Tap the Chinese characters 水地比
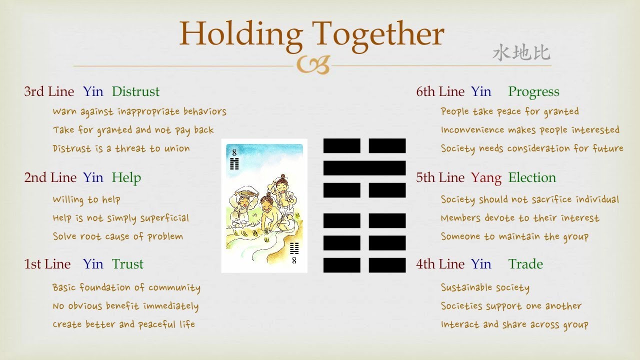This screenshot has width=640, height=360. pos(521,53)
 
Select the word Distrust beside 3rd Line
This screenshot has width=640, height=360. pos(135,91)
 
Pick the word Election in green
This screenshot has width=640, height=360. pos(532,177)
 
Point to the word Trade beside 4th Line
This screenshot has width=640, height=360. pos(525,264)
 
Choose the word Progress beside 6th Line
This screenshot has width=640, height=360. pos(533,91)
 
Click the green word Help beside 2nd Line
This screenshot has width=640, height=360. pos(126,177)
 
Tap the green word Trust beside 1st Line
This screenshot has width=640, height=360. pos(127,264)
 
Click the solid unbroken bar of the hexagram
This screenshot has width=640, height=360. pos(364,168)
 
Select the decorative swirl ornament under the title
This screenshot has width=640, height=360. pos(313,64)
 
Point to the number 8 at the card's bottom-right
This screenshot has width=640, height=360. pos(294,260)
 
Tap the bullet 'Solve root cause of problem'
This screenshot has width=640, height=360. pos(118,236)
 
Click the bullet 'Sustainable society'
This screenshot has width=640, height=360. pos(485,287)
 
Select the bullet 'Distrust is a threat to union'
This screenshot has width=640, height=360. pos(121,148)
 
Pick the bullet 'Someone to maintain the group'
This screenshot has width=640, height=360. pos(514,236)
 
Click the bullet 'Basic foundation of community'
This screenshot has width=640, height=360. pos(126,287)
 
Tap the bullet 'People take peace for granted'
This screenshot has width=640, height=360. pos(509,111)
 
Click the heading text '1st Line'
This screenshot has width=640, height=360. pos(47,264)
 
